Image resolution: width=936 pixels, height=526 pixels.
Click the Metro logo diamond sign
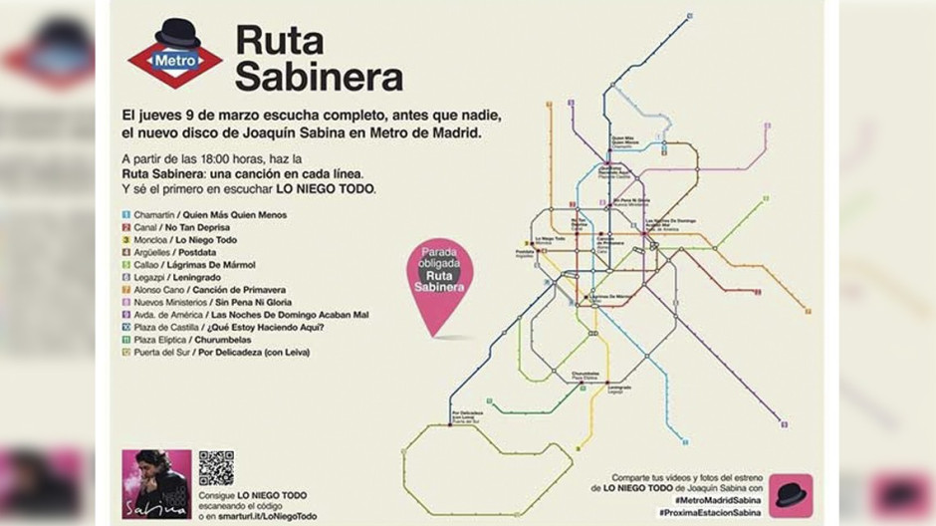175,61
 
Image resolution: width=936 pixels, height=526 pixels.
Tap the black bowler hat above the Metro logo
177,32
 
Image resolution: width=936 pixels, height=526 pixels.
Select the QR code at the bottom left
216,467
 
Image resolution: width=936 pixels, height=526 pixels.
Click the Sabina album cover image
156,483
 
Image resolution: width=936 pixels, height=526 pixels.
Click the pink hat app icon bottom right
791,495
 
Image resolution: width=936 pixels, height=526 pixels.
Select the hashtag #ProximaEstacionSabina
708,511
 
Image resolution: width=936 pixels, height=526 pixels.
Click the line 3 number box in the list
126,240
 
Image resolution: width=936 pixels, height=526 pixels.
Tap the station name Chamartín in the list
155,215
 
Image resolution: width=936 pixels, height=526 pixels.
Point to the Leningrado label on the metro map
617,388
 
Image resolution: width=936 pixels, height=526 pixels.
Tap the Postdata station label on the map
527,253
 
